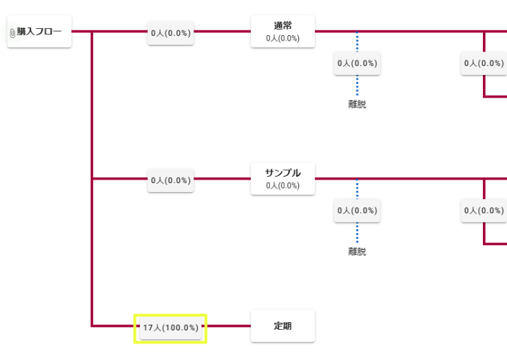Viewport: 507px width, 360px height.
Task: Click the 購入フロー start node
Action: point(40,32)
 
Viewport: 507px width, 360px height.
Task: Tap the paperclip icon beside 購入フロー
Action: point(12,32)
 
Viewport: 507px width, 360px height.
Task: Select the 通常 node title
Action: point(282,26)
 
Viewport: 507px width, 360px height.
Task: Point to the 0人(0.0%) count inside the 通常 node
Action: point(282,39)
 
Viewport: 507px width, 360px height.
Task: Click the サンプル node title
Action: point(282,173)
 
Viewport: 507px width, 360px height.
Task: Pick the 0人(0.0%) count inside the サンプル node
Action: point(282,186)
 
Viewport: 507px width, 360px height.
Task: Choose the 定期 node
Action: point(282,326)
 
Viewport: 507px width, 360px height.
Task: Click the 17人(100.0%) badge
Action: point(171,328)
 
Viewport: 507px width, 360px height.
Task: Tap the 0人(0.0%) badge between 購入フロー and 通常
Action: point(171,32)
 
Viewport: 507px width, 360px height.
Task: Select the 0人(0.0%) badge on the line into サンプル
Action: point(171,180)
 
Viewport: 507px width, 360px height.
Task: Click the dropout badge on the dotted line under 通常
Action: point(357,63)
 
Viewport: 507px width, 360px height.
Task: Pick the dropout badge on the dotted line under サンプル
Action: point(357,211)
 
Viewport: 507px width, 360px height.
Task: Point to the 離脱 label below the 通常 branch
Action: point(357,105)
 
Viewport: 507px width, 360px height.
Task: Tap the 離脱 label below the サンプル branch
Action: point(357,252)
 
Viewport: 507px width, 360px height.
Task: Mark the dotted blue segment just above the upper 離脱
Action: point(357,86)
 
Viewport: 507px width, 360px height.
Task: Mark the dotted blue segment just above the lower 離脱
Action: point(357,233)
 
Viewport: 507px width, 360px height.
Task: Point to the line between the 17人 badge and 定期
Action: point(227,326)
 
